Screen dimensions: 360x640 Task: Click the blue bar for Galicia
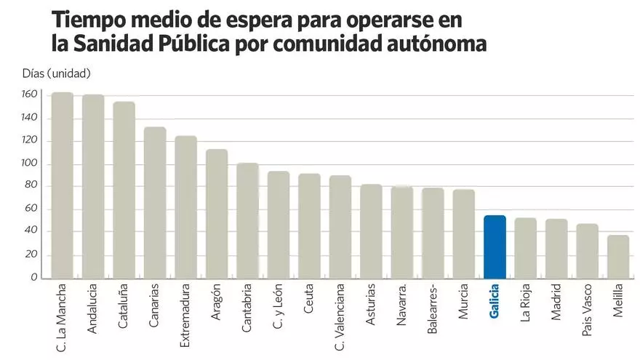pyautogui.click(x=495, y=247)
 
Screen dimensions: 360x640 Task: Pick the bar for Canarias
pyautogui.click(x=155, y=203)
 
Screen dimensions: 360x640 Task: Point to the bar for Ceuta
pyautogui.click(x=309, y=225)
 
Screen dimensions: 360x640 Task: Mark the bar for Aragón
pyautogui.click(x=217, y=214)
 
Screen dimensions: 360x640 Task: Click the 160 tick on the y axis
pyautogui.click(x=29, y=95)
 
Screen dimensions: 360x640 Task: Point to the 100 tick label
pyautogui.click(x=29, y=164)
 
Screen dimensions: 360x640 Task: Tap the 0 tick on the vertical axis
pyautogui.click(x=33, y=277)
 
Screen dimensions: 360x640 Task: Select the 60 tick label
pyautogui.click(x=31, y=209)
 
